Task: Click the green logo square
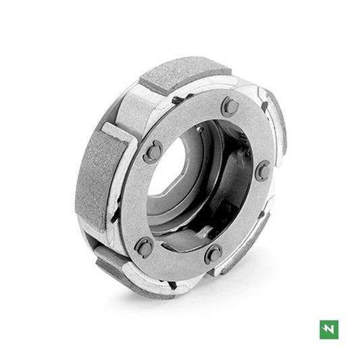tap(330, 330)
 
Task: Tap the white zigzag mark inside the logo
tap(330, 330)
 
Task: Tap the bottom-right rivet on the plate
tap(214, 253)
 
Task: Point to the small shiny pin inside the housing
tap(199, 128)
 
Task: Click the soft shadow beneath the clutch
tap(203, 297)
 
